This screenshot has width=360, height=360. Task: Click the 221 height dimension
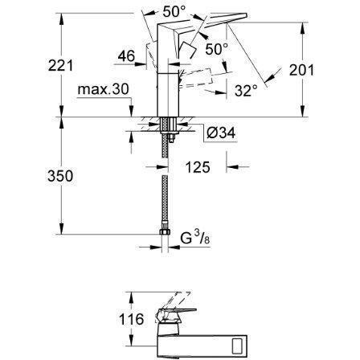click(60, 66)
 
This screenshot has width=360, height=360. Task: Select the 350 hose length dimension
click(60, 176)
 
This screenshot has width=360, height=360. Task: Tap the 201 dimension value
click(301, 70)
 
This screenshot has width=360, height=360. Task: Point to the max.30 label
click(104, 89)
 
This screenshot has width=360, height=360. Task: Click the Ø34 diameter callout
click(221, 133)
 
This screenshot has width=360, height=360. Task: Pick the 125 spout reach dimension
click(198, 167)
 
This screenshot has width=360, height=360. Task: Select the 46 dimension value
click(126, 56)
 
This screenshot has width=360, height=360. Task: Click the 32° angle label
click(246, 91)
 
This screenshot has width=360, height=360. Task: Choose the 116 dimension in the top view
click(131, 319)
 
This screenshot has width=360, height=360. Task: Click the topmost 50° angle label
click(174, 11)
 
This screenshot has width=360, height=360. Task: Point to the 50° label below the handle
click(217, 49)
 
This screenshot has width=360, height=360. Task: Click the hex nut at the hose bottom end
click(165, 231)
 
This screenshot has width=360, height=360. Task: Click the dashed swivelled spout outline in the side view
click(196, 78)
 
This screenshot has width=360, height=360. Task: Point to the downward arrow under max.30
click(131, 108)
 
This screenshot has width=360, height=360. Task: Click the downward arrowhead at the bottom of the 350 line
click(61, 228)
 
